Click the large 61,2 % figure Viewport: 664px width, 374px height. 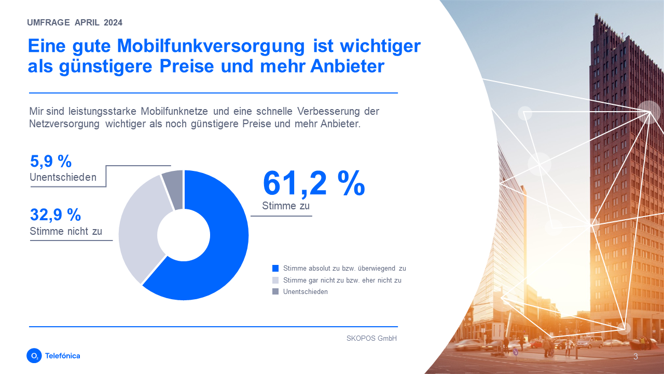(x=314, y=183)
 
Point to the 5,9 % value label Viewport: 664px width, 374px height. (x=50, y=162)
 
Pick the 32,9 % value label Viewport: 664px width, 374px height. (x=56, y=215)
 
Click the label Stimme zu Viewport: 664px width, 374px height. (x=286, y=206)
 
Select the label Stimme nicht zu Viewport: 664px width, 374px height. (x=66, y=232)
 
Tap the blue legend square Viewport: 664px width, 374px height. (x=275, y=269)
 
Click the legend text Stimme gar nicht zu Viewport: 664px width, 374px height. (x=342, y=280)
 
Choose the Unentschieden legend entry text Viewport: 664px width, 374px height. (x=306, y=292)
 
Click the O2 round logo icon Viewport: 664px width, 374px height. (x=34, y=356)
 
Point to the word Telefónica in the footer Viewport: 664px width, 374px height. (x=63, y=356)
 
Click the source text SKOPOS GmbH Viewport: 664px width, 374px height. (x=371, y=338)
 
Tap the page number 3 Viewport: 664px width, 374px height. (x=635, y=357)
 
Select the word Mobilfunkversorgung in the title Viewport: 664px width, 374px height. (x=211, y=46)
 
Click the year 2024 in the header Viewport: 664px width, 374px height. (x=113, y=23)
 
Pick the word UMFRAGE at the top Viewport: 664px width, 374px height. (x=48, y=23)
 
